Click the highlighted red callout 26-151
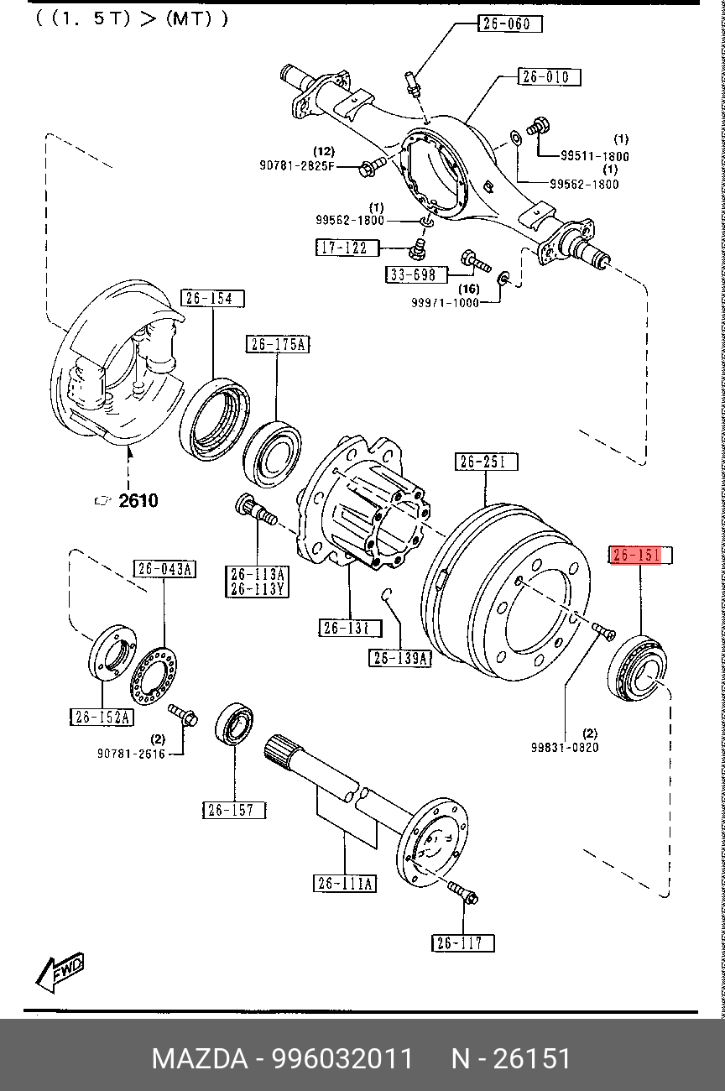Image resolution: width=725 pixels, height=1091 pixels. click(641, 556)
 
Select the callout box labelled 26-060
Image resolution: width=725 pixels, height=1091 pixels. click(510, 23)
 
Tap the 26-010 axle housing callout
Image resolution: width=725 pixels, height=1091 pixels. click(550, 77)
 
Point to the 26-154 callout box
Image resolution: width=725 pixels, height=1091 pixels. click(213, 298)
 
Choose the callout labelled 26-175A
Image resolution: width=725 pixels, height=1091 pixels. click(278, 344)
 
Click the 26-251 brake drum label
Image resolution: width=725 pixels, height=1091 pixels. click(487, 462)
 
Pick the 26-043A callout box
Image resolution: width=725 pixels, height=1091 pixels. click(165, 569)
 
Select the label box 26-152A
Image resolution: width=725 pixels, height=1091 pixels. click(102, 717)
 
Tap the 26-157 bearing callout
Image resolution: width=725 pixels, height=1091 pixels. click(234, 810)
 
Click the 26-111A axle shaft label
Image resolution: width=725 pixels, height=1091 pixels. click(345, 883)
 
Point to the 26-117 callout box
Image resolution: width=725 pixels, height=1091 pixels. click(463, 943)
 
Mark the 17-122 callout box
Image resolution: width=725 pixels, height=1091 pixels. click(347, 248)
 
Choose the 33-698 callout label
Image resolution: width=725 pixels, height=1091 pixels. click(417, 274)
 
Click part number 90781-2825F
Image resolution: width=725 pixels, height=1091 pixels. click(297, 166)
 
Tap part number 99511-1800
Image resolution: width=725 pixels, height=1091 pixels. click(594, 156)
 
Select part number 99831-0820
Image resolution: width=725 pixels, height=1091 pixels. click(565, 747)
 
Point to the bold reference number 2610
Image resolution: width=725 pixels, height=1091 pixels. click(138, 501)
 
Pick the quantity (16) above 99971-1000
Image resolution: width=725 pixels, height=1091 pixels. click(469, 289)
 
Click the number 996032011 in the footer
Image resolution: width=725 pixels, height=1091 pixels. click(342, 1058)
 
